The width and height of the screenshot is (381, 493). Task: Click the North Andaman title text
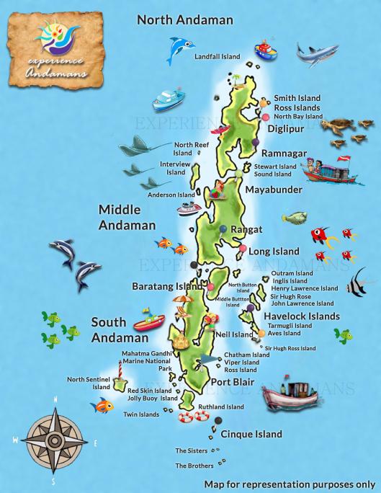tap(185, 20)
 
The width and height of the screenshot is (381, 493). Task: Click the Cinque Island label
tap(251, 434)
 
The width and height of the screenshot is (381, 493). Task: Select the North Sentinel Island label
tap(89, 383)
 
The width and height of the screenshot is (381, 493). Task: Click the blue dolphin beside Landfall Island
tap(180, 50)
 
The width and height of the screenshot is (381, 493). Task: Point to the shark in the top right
tap(317, 53)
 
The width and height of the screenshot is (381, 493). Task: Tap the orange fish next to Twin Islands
tap(103, 406)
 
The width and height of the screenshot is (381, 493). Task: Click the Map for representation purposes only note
tap(290, 484)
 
